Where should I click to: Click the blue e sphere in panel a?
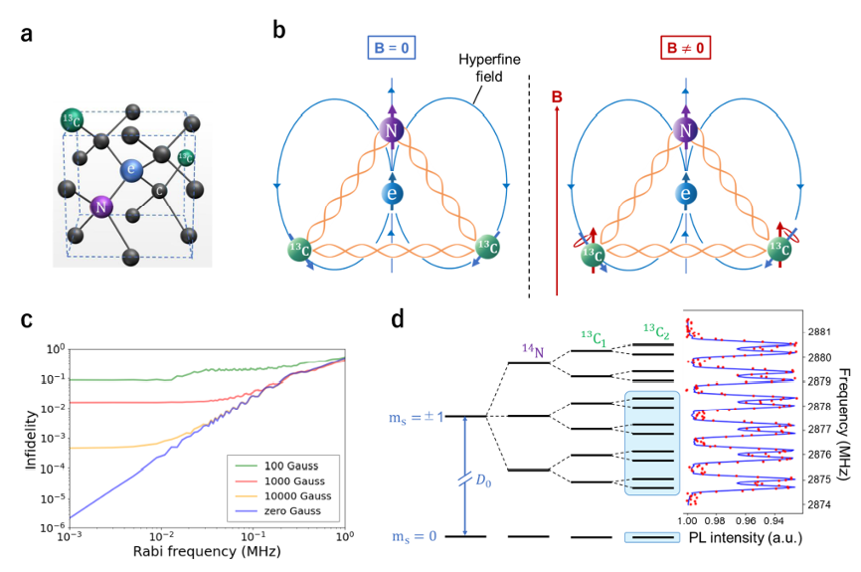[129, 171]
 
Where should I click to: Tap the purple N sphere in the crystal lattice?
[99, 207]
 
